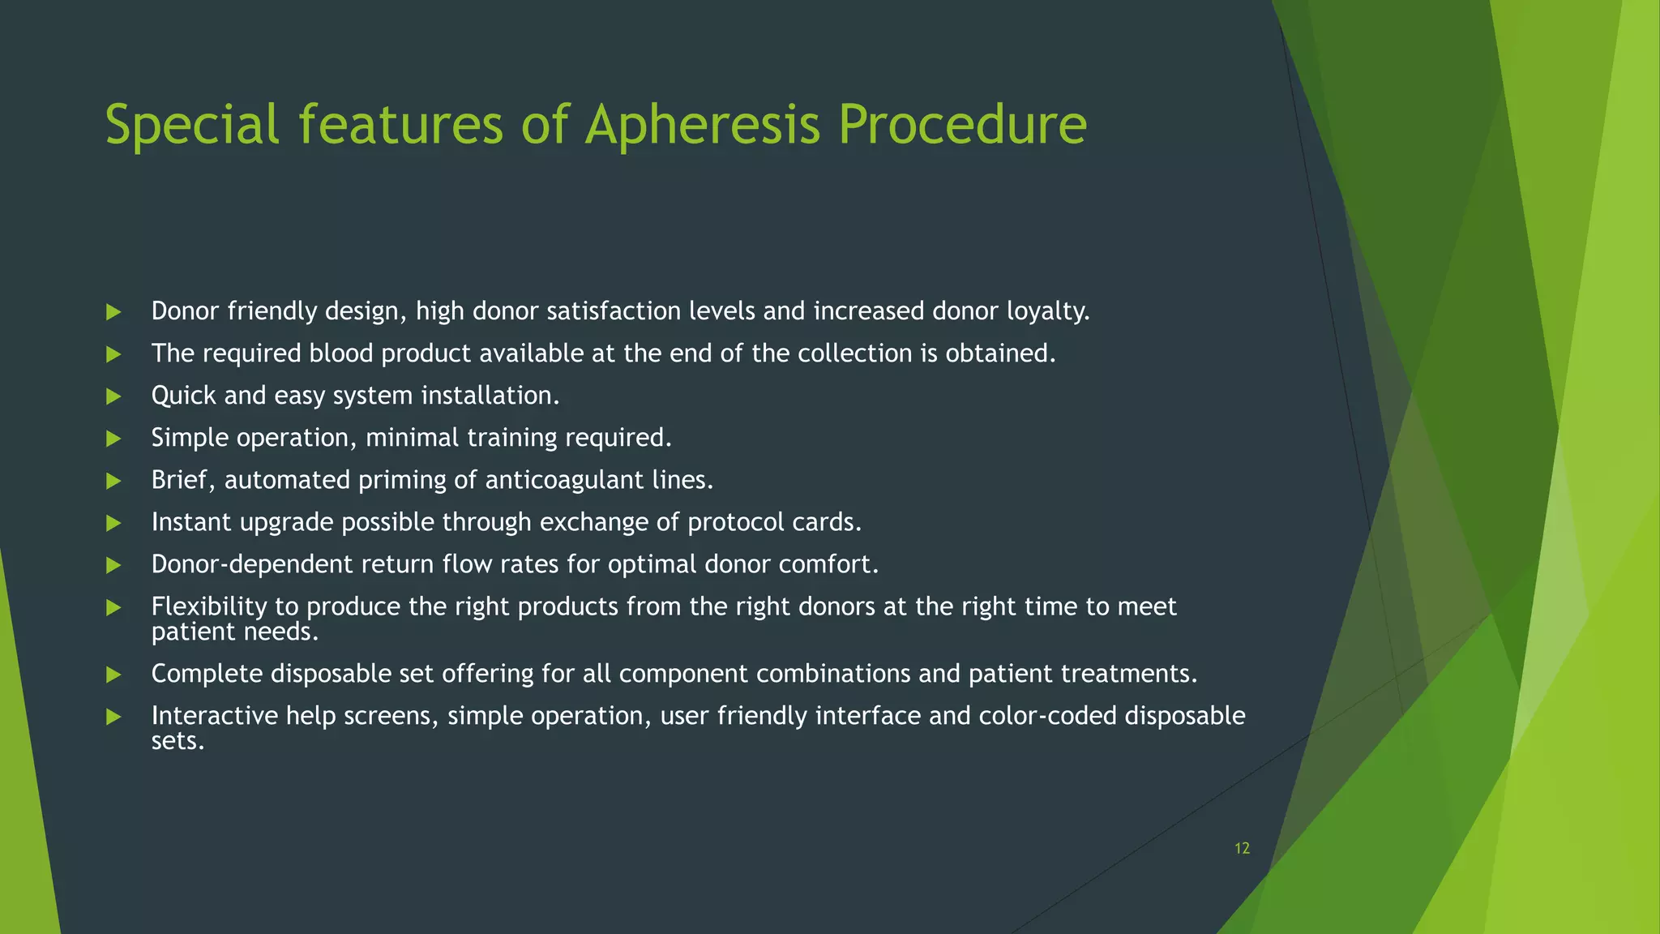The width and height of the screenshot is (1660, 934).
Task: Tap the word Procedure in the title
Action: coord(962,126)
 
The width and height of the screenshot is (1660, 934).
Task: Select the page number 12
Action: coord(1242,848)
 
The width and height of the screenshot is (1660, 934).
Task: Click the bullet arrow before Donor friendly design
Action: coord(113,312)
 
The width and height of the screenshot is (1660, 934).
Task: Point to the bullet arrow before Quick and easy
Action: coord(113,396)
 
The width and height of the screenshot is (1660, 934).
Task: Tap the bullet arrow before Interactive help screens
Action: coord(113,717)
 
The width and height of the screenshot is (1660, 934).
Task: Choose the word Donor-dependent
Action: coord(252,564)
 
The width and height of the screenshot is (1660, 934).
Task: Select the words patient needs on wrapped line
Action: coord(234,632)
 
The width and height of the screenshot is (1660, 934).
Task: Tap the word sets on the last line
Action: coord(177,741)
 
